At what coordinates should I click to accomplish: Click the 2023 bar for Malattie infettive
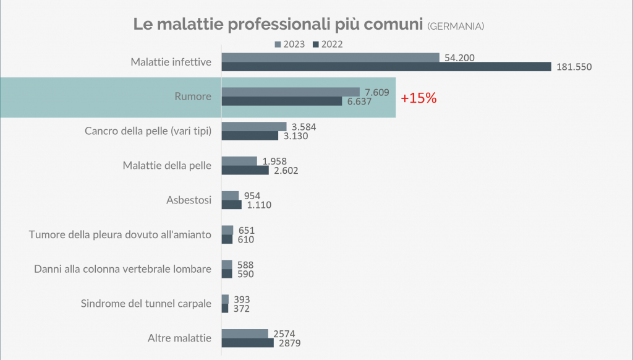(330, 58)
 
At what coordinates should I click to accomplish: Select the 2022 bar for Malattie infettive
(386, 67)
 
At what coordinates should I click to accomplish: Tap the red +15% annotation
(418, 98)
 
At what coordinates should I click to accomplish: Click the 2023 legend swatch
(278, 44)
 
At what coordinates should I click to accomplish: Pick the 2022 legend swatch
(315, 44)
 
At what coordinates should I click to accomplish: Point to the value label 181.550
(574, 67)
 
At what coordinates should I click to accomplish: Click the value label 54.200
(458, 58)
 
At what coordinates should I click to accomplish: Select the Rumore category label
(192, 96)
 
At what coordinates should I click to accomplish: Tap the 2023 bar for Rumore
(291, 92)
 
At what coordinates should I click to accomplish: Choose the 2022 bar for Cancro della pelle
(250, 135)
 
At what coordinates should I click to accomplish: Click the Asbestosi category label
(189, 200)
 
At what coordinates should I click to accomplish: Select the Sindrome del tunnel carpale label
(147, 304)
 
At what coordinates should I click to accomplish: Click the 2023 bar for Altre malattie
(245, 333)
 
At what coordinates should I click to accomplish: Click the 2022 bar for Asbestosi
(231, 205)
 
